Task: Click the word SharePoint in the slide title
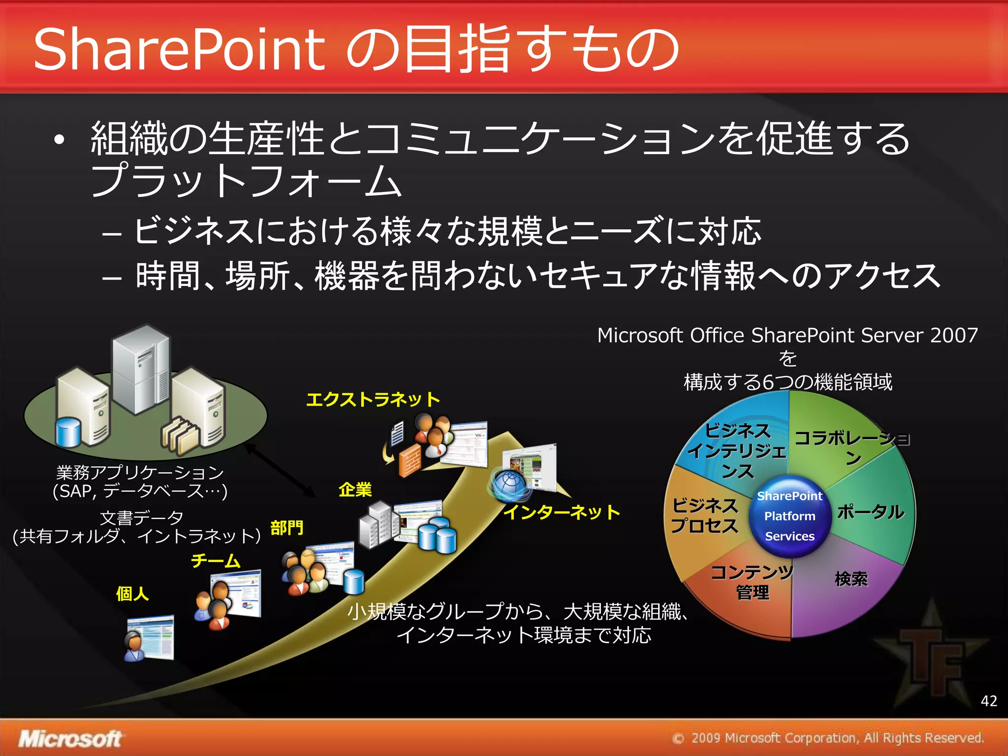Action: coord(180,49)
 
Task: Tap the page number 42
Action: coord(989,700)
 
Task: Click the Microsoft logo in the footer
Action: coord(70,739)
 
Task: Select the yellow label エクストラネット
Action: coord(373,399)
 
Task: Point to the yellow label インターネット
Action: coord(561,512)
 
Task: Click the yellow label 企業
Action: coord(355,490)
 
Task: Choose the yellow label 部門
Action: coord(287,528)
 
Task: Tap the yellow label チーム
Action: coord(216,561)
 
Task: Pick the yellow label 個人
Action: coord(132,594)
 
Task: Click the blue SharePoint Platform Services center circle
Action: coord(789,516)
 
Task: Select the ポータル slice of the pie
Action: coord(870,512)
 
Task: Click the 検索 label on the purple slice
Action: coord(851,579)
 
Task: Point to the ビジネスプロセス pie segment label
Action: coord(705,515)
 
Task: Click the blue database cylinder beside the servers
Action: coord(68,432)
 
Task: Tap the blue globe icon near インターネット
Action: coord(509,484)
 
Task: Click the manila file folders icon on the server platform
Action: coord(181,434)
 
